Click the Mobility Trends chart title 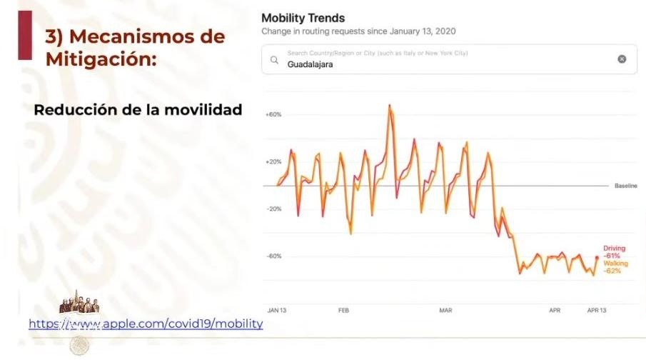click(x=303, y=18)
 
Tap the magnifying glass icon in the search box click(x=274, y=60)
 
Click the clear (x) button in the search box click(x=622, y=59)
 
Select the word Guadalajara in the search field click(x=310, y=64)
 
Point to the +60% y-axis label click(x=273, y=114)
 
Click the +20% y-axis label click(x=273, y=161)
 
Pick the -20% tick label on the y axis click(x=273, y=209)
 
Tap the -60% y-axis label click(x=273, y=256)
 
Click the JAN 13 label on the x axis click(x=277, y=311)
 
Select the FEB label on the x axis click(x=343, y=311)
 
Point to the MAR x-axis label click(x=445, y=311)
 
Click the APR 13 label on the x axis click(x=596, y=311)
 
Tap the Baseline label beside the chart click(x=625, y=186)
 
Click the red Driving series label click(x=614, y=249)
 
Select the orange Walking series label click(x=615, y=264)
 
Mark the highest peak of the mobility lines click(x=390, y=106)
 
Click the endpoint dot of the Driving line click(x=597, y=258)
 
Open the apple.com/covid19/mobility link click(x=146, y=324)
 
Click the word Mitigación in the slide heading click(x=101, y=60)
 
